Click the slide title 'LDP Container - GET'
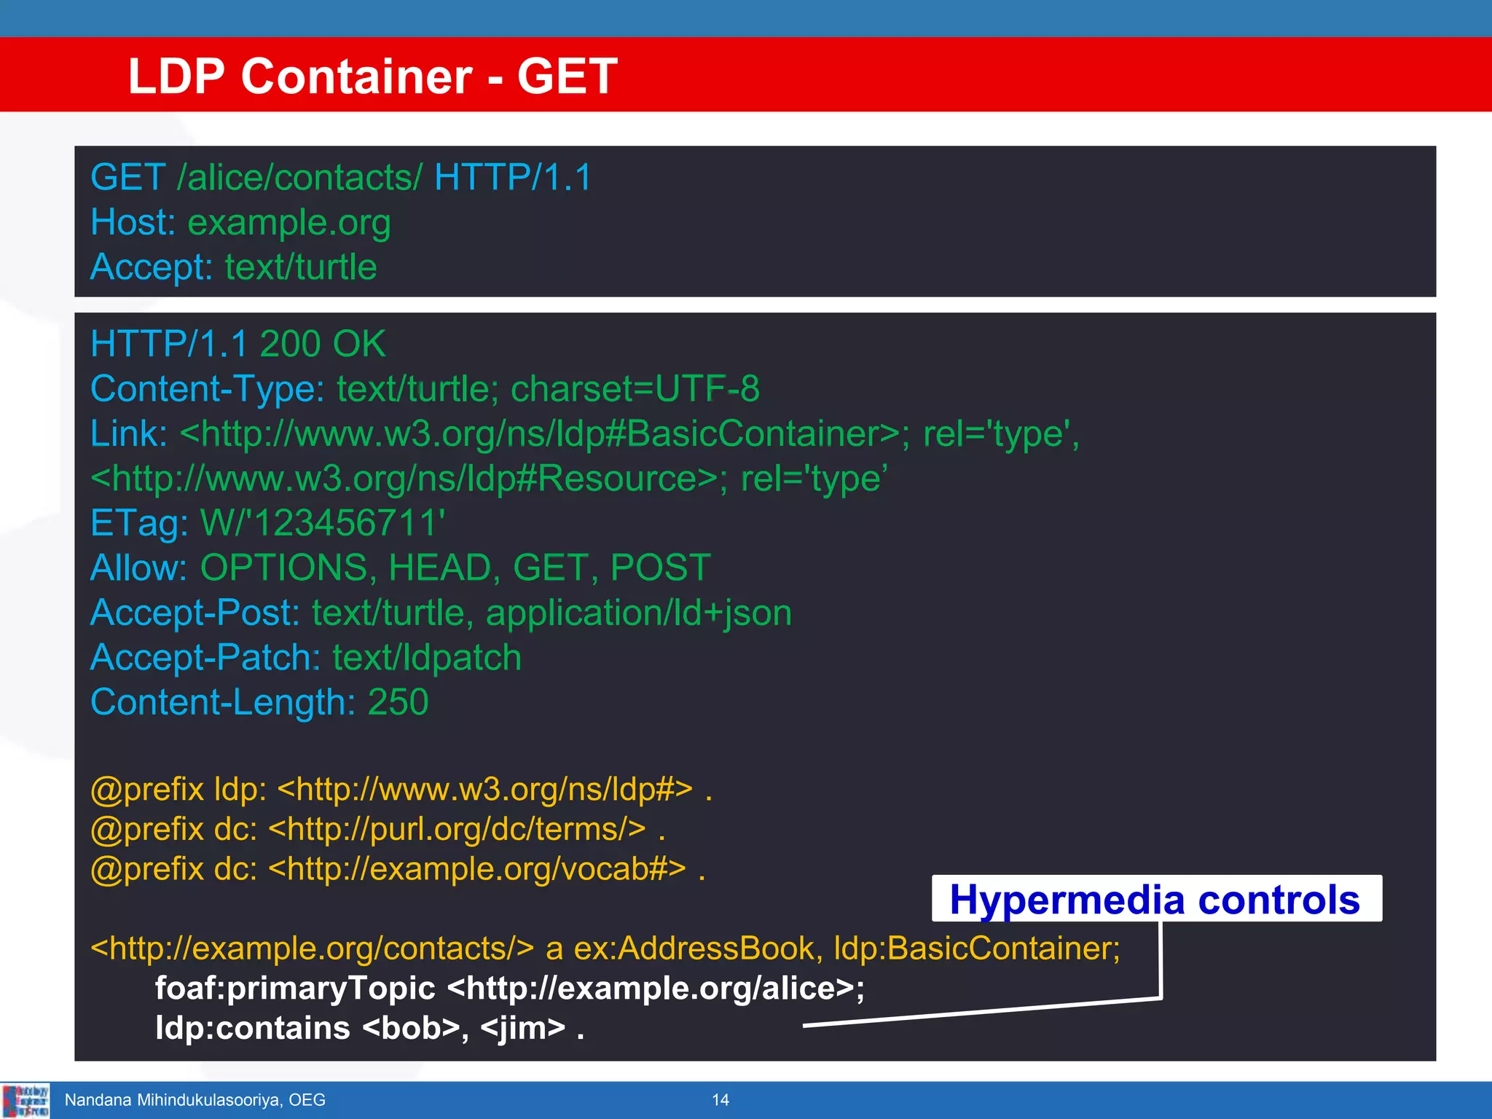tap(372, 76)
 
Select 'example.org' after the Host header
tap(289, 223)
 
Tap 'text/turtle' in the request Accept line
tap(301, 267)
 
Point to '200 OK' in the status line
tap(322, 344)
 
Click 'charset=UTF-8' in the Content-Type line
tap(635, 389)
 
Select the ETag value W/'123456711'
tap(323, 523)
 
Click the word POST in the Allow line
tap(660, 568)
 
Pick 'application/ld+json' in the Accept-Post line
tap(638, 613)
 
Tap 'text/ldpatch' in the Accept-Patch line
tap(427, 658)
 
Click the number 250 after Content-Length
tap(398, 702)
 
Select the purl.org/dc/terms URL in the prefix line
tap(457, 829)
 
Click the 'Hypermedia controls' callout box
tap(1155, 899)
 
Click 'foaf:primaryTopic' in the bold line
tap(295, 989)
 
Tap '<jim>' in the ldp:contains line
tap(523, 1028)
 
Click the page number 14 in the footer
tap(721, 1100)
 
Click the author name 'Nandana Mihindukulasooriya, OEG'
tap(195, 1100)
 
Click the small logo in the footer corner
tap(25, 1100)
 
